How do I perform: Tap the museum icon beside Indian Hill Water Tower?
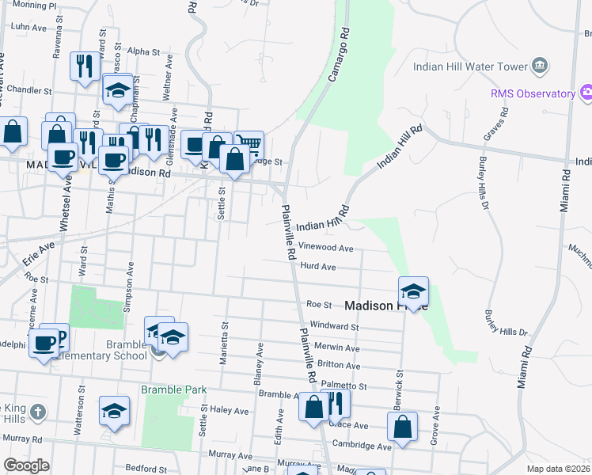tap(541, 65)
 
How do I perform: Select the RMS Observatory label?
tap(533, 93)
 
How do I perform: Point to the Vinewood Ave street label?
tap(325, 248)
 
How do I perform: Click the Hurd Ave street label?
tap(320, 267)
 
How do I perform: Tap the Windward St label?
tap(334, 325)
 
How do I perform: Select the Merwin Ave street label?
tap(338, 348)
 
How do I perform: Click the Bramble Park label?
tap(173, 389)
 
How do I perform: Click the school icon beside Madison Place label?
tap(413, 292)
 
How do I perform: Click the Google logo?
tap(26, 465)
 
